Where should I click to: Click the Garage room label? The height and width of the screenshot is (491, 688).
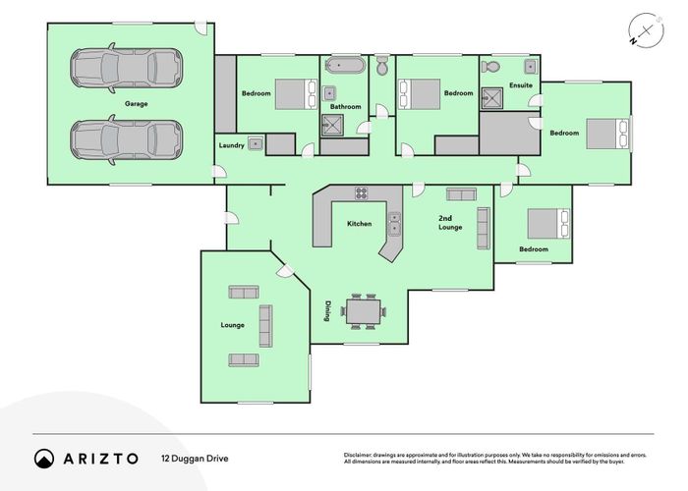136,104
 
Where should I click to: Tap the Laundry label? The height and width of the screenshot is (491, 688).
231,145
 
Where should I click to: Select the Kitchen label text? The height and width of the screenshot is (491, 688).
360,224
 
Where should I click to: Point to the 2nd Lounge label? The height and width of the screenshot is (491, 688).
450,223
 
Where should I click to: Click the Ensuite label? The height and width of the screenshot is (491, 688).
521,85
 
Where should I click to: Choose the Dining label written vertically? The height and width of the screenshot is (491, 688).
327,311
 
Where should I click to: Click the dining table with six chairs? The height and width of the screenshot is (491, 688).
363,311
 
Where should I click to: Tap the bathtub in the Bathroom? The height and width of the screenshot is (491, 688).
345,66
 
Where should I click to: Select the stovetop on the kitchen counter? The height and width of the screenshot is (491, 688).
362,193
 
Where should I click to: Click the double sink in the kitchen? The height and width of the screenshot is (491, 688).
394,224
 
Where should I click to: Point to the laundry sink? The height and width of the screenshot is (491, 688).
256,143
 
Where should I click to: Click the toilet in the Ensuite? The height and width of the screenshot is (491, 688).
491,67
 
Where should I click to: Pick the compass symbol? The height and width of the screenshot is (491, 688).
646,31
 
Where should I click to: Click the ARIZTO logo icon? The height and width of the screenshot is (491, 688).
44,459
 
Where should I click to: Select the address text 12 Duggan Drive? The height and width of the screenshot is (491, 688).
195,459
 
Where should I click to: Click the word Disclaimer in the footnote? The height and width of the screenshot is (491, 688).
358,455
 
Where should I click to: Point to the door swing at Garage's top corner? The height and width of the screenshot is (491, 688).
201,28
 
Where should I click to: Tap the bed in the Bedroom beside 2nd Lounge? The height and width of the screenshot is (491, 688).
548,224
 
